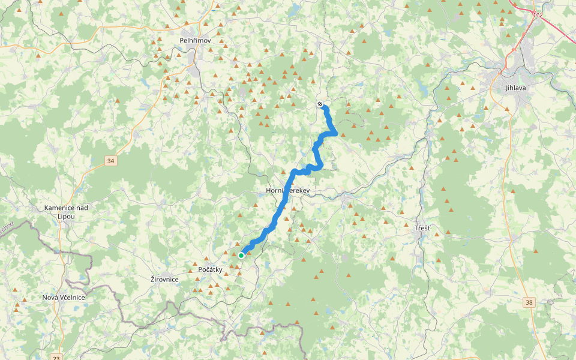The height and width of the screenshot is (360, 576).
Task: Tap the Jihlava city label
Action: coord(515,88)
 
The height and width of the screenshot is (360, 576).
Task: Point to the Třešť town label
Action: coord(422,229)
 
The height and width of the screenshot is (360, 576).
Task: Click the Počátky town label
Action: coord(210,269)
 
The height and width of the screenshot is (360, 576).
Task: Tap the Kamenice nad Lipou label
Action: coord(67,211)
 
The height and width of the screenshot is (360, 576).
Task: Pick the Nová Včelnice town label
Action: coord(63,298)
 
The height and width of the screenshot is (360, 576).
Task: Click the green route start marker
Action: coord(241,255)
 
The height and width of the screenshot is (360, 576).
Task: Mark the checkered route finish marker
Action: coord(320,104)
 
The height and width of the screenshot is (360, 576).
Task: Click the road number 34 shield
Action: coord(110,161)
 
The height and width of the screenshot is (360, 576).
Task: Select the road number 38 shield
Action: coord(528,302)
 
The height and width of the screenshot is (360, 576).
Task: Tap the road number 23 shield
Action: coord(56,358)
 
